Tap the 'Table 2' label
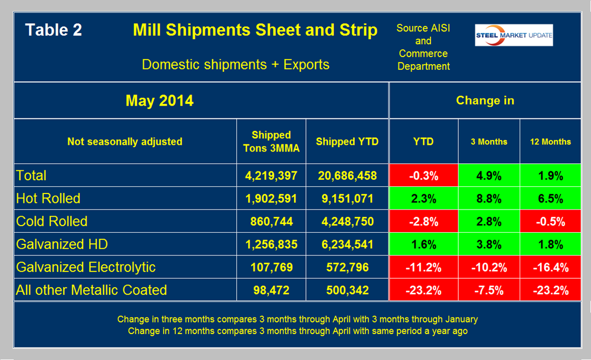point(54,30)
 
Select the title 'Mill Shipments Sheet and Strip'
point(255,30)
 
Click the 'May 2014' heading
point(159,101)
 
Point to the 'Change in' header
point(485,101)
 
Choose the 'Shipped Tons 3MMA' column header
point(271,142)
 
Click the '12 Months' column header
point(550,142)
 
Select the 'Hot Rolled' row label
point(48,199)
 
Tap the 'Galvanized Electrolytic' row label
point(86,267)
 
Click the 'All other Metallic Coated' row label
point(91,290)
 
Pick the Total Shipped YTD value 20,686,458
point(348,176)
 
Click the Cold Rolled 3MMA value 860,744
point(271,221)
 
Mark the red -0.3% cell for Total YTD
point(423,176)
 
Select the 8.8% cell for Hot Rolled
point(489,199)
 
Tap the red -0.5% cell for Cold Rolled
point(550,221)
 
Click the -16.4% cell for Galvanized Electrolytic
point(550,267)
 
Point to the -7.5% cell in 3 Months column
point(489,290)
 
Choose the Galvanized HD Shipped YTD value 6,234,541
point(348,244)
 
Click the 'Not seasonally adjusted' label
point(125,142)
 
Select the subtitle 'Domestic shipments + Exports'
point(236,64)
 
